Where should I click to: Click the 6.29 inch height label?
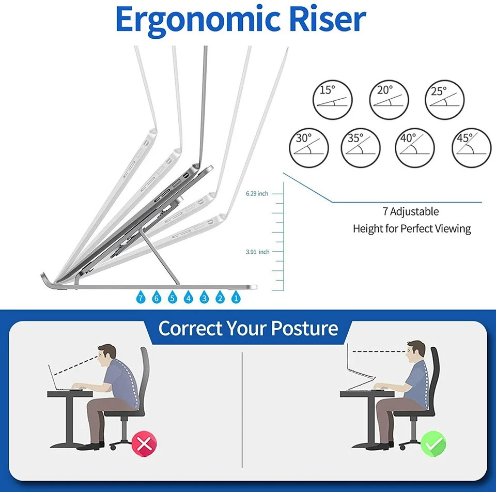pos(257,194)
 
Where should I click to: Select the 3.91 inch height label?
pos(257,252)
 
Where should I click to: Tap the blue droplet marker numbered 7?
pos(141,297)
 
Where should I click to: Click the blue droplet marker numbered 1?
pos(236,297)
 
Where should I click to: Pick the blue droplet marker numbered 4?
pos(189,297)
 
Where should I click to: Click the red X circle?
pos(144,443)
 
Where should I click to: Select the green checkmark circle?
pos(433,443)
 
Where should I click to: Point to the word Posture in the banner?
pos(304,329)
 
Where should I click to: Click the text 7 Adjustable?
pos(411,211)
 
